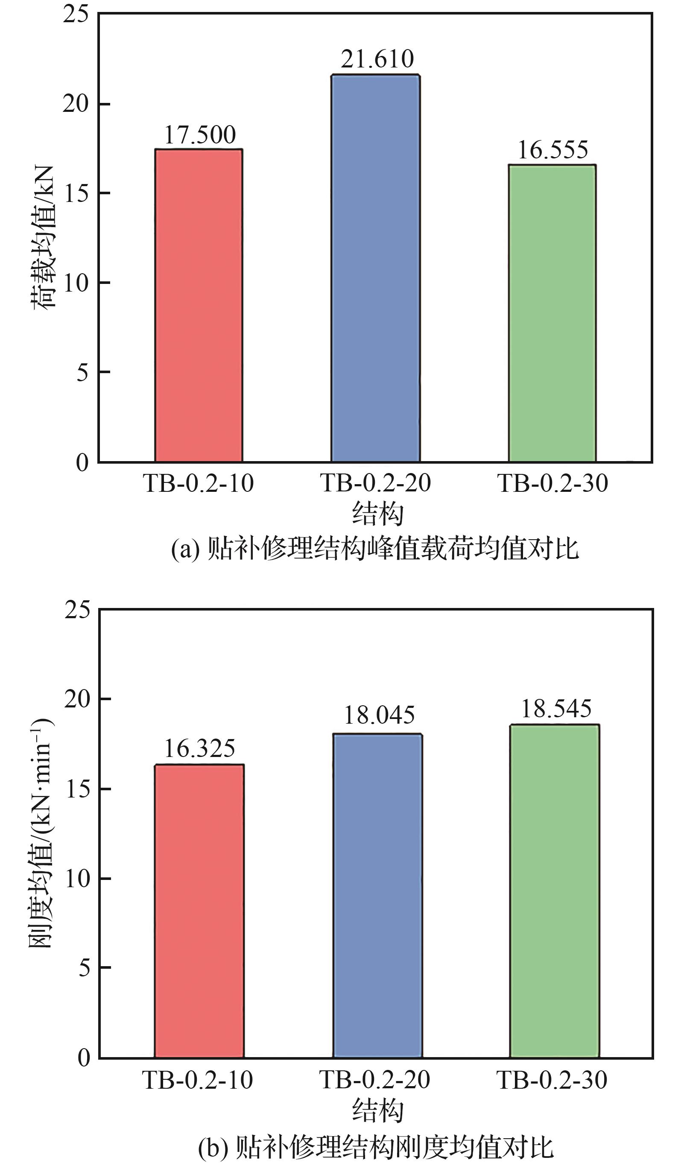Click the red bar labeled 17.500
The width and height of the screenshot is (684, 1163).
click(x=199, y=304)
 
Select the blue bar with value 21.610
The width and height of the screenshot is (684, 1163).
click(x=375, y=268)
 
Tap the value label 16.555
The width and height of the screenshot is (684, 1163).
click(x=552, y=150)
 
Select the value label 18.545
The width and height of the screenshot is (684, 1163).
click(x=555, y=708)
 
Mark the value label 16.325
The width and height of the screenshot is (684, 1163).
click(x=199, y=748)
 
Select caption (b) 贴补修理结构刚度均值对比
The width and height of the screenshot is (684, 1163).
click(x=375, y=1145)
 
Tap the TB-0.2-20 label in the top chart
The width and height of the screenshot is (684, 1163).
click(x=375, y=483)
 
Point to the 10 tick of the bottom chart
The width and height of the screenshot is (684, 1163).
click(x=78, y=878)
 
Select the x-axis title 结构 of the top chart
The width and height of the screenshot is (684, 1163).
click(x=377, y=514)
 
